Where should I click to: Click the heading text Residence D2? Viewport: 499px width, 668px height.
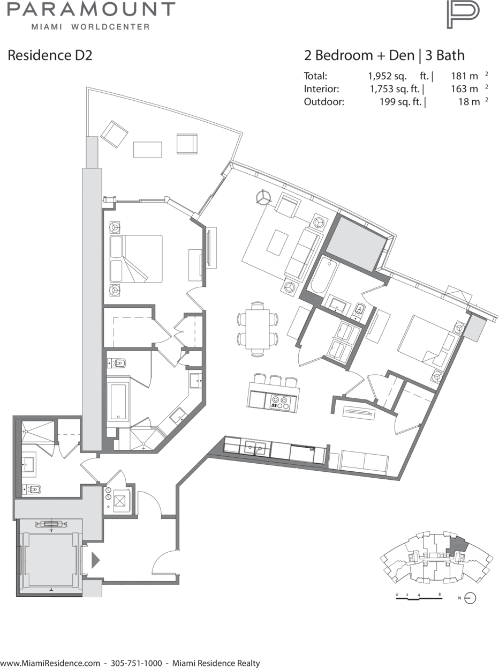[x=50, y=55]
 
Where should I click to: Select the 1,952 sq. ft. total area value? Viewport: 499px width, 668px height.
[x=400, y=76]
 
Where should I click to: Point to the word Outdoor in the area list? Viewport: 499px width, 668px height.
[x=324, y=101]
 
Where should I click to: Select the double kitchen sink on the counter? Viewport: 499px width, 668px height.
[x=255, y=448]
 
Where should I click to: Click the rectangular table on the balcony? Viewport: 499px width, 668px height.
[x=148, y=150]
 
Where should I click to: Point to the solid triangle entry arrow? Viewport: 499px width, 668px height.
[x=95, y=560]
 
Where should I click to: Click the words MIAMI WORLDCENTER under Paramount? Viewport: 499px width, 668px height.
[x=90, y=27]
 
